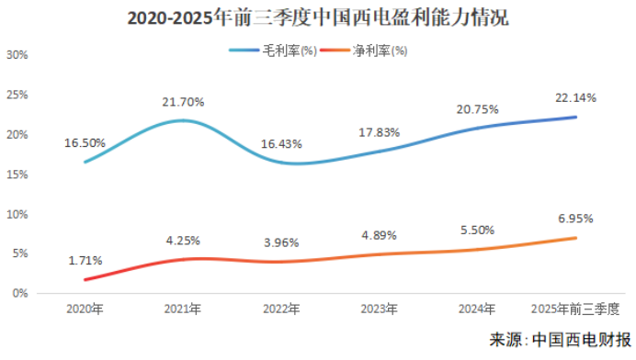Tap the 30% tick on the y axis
click(x=17, y=55)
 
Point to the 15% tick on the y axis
click(x=17, y=174)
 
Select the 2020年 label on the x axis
click(x=85, y=309)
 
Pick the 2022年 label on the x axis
click(x=281, y=309)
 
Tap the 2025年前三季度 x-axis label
click(x=576, y=309)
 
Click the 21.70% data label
click(x=183, y=101)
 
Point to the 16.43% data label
click(x=281, y=144)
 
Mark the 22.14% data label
click(x=576, y=97)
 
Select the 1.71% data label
click(x=85, y=261)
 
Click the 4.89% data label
click(x=380, y=236)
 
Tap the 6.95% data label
click(x=576, y=219)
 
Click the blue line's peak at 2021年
click(x=183, y=120)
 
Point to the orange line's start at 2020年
click(x=85, y=279)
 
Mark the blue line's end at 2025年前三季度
click(x=576, y=117)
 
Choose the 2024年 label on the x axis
click(x=478, y=309)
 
